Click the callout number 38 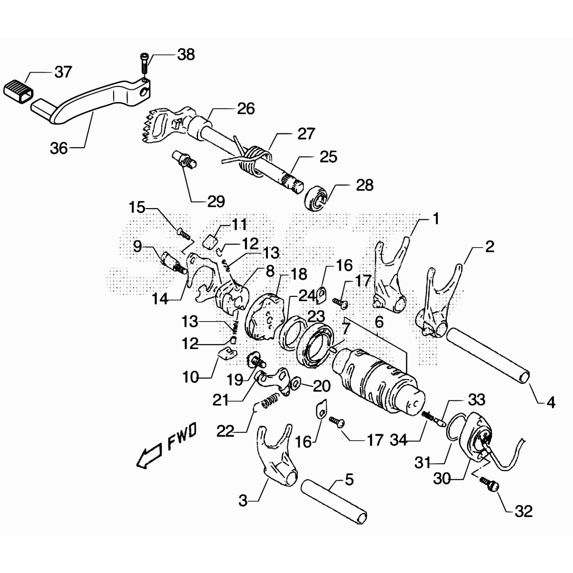(186, 55)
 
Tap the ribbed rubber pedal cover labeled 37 (18, 91)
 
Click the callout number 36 (59, 148)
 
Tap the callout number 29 (216, 202)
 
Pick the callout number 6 (379, 322)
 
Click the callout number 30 (442, 478)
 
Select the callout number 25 (328, 157)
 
